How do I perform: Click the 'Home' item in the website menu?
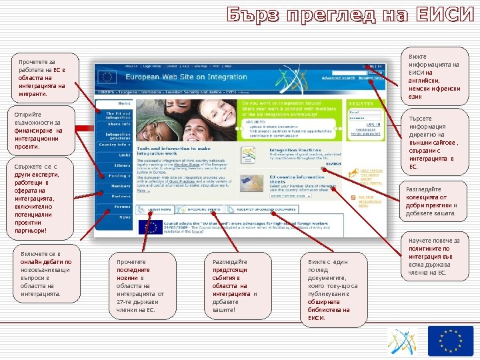124,103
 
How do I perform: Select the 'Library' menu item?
122,165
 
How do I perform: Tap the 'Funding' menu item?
119,176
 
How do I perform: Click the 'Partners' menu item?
121,197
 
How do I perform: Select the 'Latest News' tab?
159,209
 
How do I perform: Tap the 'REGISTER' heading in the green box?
361,104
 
